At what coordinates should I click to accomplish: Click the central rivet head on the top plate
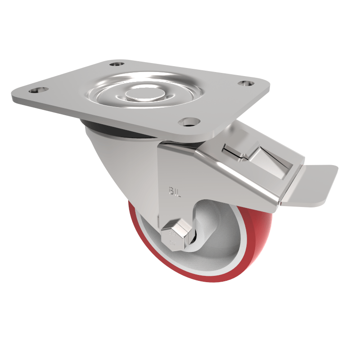pos(140,94)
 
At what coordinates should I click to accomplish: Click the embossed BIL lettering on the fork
pos(175,193)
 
